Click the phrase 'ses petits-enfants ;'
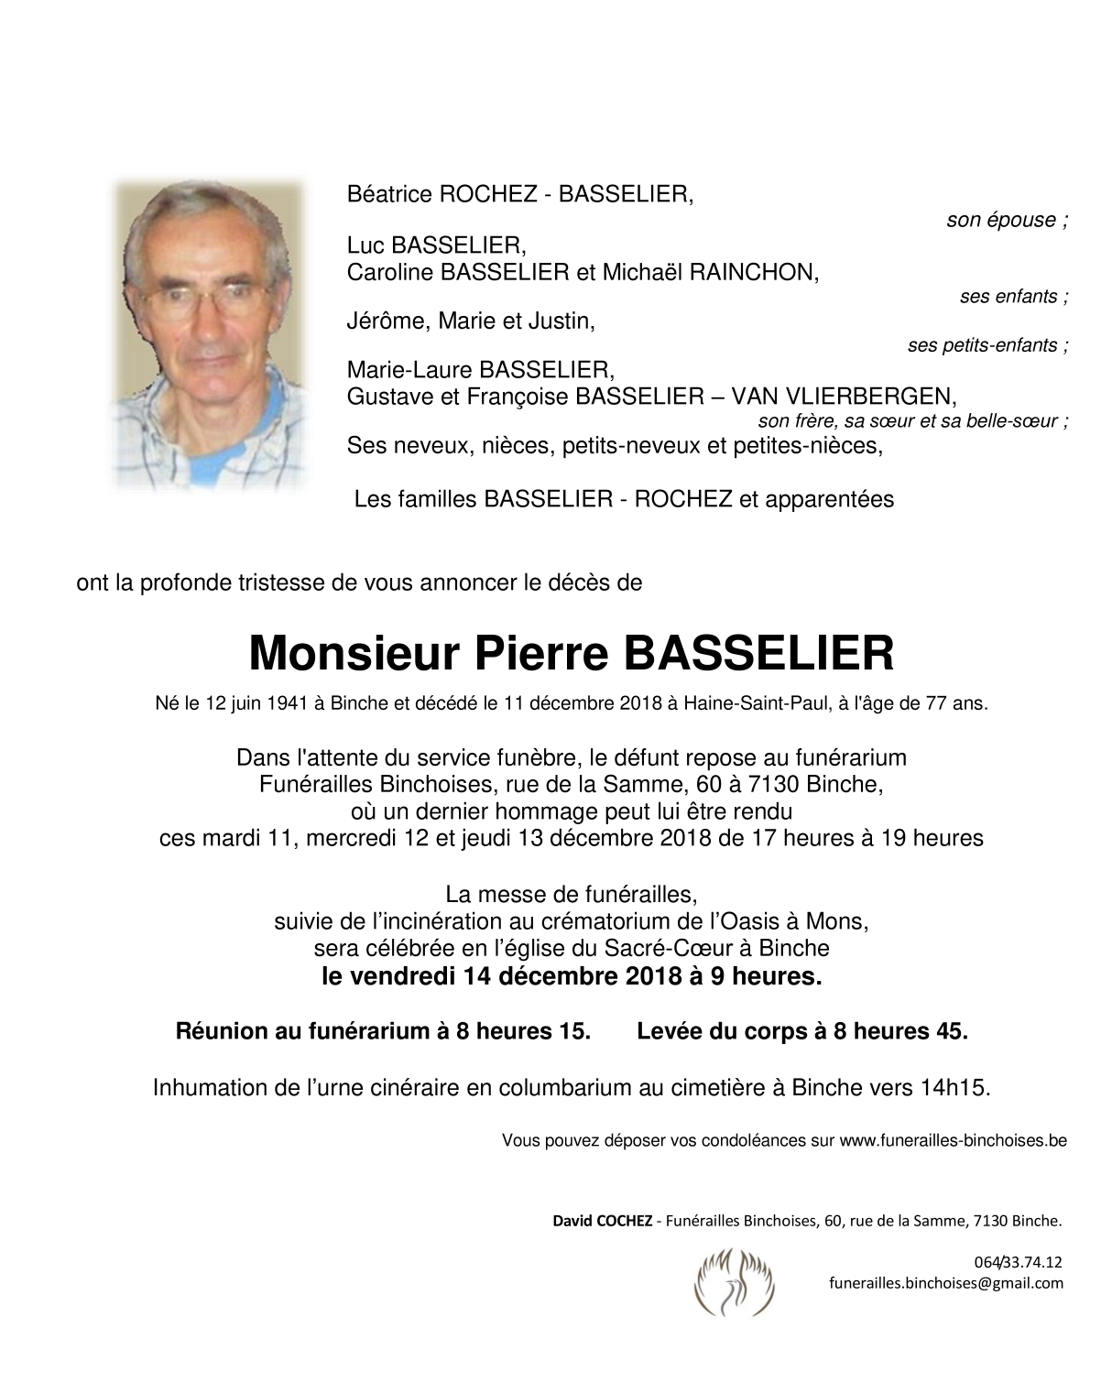click(987, 346)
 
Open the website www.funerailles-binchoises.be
click(953, 1141)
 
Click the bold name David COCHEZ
click(602, 1221)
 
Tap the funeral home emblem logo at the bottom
click(735, 1277)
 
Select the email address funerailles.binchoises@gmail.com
click(946, 1283)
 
